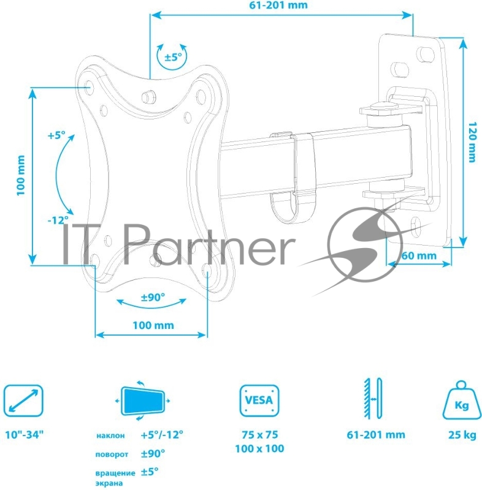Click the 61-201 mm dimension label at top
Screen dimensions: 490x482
[x=278, y=5]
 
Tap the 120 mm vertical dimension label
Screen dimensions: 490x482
[x=471, y=140]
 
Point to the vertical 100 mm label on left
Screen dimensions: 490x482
[x=20, y=176]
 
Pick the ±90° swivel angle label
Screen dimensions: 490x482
[x=153, y=297]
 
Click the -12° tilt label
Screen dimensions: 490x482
[x=58, y=219]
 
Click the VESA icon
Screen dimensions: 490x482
[x=258, y=401]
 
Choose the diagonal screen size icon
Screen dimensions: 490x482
[x=23, y=402]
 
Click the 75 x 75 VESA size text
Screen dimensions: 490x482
[x=258, y=434]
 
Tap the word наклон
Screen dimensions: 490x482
[x=110, y=436]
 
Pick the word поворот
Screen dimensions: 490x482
[x=111, y=455]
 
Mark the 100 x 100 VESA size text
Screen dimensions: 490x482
[x=258, y=449]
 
